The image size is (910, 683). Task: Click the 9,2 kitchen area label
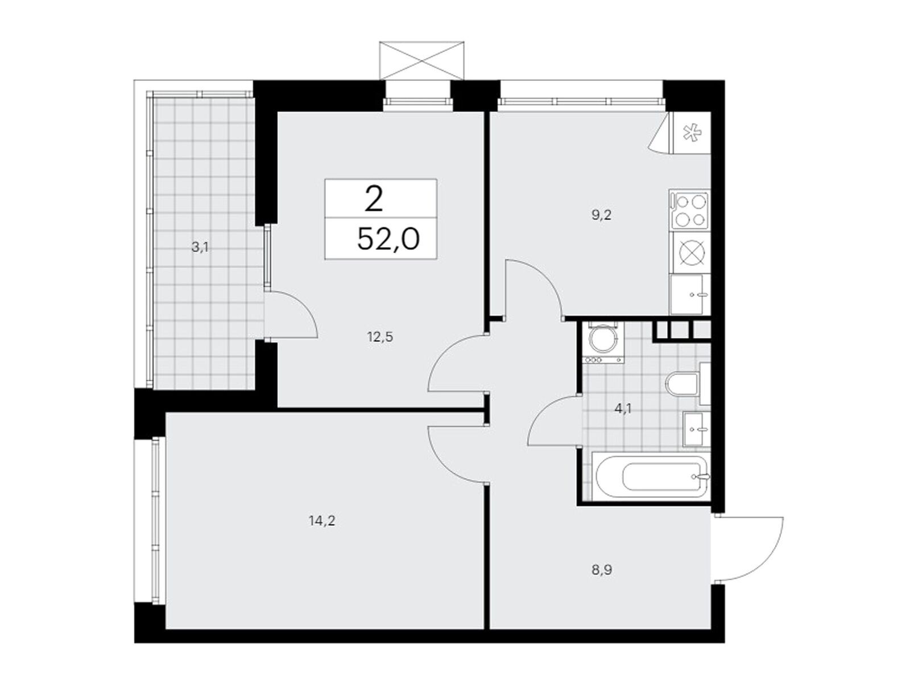point(602,216)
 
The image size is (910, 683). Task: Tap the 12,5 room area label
point(380,337)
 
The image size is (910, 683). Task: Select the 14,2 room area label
point(322,521)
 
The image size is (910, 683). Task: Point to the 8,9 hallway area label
point(602,571)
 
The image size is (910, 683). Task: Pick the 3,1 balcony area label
point(200,248)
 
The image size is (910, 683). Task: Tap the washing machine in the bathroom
point(602,341)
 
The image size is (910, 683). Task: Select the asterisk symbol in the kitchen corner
point(690,133)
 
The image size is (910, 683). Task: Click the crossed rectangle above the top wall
point(421,60)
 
